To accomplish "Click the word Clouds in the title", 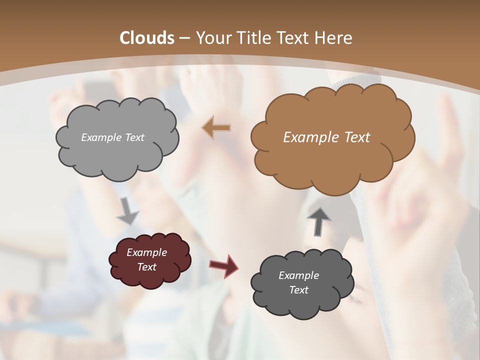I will [x=146, y=38].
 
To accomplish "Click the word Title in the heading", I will [x=252, y=38].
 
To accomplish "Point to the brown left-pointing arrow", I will [x=216, y=127].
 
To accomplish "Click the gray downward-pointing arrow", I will [x=128, y=210].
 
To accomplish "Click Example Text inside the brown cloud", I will [x=326, y=137].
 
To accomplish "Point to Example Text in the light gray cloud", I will [x=112, y=137].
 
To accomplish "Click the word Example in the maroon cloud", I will [x=146, y=252].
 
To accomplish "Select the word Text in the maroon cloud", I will [x=146, y=267].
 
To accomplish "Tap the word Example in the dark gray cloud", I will [x=298, y=275].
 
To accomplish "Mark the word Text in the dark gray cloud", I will [x=298, y=290].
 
